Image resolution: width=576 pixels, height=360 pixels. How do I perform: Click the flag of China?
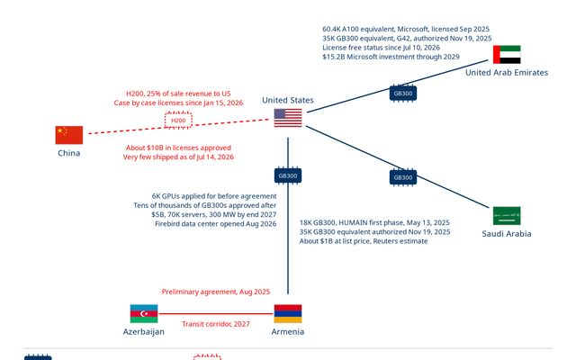point(69,135)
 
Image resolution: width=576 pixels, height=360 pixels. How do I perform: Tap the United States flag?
point(288,118)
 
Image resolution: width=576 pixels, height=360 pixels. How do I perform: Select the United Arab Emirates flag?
point(507,54)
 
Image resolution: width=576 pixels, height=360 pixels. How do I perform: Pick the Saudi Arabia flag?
point(507,216)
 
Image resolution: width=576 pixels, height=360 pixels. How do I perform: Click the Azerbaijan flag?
point(144,314)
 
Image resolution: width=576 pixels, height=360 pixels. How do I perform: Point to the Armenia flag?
point(288,314)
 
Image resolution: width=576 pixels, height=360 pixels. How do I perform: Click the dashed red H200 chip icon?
point(178,121)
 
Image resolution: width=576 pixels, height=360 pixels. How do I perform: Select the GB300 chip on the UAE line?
point(403,94)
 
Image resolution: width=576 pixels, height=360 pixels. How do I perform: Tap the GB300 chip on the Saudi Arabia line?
point(403,177)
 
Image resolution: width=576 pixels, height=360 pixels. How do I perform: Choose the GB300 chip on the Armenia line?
point(288,175)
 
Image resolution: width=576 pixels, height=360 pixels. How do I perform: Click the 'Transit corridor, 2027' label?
point(216,324)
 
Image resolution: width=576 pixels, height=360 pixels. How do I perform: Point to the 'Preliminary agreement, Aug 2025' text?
point(216,292)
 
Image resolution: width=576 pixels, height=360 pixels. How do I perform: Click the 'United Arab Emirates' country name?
point(507,72)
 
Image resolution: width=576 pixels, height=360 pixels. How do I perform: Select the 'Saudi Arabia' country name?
point(507,234)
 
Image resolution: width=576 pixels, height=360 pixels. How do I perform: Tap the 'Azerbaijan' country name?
point(144,332)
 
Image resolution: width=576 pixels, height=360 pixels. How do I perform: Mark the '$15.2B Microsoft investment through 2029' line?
point(391,57)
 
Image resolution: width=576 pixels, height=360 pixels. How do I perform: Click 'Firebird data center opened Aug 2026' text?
point(215,224)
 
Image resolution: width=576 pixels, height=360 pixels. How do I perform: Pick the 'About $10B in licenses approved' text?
point(178,148)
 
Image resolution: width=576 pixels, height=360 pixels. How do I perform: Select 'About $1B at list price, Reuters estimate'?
point(364,241)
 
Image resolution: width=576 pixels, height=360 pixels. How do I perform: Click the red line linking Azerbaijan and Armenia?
point(216,314)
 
